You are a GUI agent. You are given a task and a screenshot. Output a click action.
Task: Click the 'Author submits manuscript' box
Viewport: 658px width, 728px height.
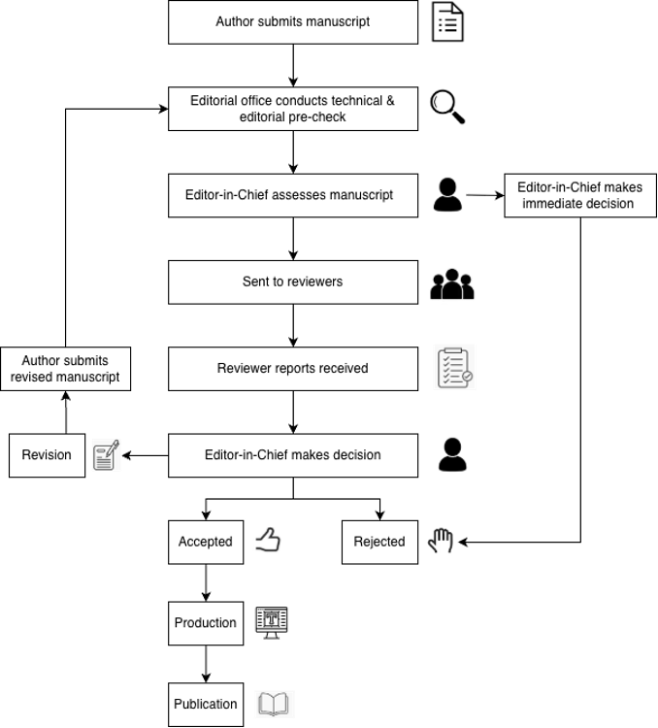click(293, 22)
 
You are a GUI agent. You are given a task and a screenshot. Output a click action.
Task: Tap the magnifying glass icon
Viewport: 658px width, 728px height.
click(447, 107)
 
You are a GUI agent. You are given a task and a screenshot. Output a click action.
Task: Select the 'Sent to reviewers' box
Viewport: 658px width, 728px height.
click(293, 282)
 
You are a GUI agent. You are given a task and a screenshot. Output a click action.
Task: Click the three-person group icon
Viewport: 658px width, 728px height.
click(452, 284)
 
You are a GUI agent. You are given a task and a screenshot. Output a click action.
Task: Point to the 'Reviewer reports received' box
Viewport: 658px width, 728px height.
click(293, 369)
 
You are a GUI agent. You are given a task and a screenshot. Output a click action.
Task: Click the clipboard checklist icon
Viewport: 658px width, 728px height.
click(454, 368)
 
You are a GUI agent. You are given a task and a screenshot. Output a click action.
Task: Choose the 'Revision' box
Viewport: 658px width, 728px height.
click(47, 455)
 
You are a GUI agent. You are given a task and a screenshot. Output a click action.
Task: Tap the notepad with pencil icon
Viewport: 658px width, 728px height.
click(107, 455)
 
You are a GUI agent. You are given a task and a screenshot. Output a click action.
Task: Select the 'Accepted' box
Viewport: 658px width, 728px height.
click(206, 543)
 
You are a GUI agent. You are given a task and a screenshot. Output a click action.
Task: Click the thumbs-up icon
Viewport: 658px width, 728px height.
click(268, 540)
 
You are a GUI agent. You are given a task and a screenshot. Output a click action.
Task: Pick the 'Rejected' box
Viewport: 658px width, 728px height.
click(379, 543)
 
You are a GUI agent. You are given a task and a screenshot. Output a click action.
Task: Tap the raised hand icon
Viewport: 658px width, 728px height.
click(441, 541)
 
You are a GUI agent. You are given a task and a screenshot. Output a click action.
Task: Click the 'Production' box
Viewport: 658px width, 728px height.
click(206, 623)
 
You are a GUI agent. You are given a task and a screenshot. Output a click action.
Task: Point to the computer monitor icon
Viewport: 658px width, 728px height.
click(272, 622)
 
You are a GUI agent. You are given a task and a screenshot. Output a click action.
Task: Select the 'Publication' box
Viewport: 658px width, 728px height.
click(206, 705)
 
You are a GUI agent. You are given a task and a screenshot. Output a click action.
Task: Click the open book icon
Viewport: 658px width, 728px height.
click(274, 704)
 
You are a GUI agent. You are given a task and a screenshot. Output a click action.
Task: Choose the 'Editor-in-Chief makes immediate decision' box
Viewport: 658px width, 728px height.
click(580, 195)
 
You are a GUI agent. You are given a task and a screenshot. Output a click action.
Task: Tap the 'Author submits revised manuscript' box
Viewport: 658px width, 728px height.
click(65, 369)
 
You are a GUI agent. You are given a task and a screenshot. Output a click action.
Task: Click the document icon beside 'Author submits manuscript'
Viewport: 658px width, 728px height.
click(447, 21)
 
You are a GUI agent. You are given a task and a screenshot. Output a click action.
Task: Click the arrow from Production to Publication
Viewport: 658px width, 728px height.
click(206, 664)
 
